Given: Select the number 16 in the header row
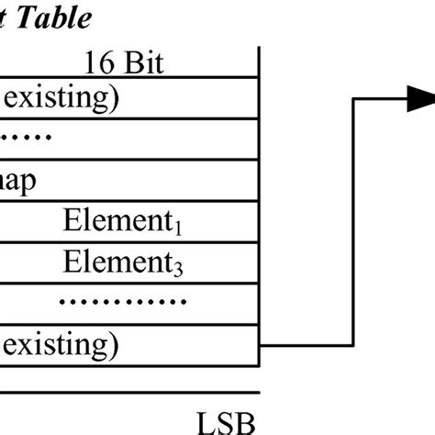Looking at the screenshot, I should click(100, 63).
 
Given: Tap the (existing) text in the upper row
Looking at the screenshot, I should click(59, 97).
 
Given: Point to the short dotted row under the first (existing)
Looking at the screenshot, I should click(27, 138).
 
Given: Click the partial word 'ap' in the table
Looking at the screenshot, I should click(18, 181).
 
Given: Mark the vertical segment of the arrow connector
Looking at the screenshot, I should click(354, 220).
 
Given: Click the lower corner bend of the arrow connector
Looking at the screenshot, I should click(354, 343).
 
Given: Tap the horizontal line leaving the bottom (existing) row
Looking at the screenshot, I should click(307, 343).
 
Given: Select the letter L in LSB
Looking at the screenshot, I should click(204, 423).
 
